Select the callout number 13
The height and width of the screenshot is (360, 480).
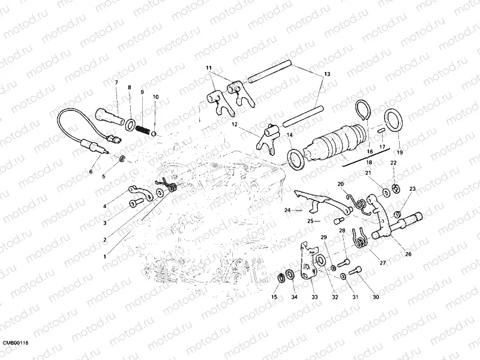click(326, 74)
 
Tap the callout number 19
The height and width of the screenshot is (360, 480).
click(400, 153)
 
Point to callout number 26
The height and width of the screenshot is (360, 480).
click(409, 254)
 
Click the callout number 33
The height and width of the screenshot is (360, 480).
click(314, 297)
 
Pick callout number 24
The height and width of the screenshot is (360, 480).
click(287, 211)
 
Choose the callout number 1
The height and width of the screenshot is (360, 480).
click(105, 257)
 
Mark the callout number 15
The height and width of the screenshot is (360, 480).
click(274, 297)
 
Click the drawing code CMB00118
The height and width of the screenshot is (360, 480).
click(16, 342)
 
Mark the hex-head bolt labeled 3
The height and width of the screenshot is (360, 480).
click(134, 205)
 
